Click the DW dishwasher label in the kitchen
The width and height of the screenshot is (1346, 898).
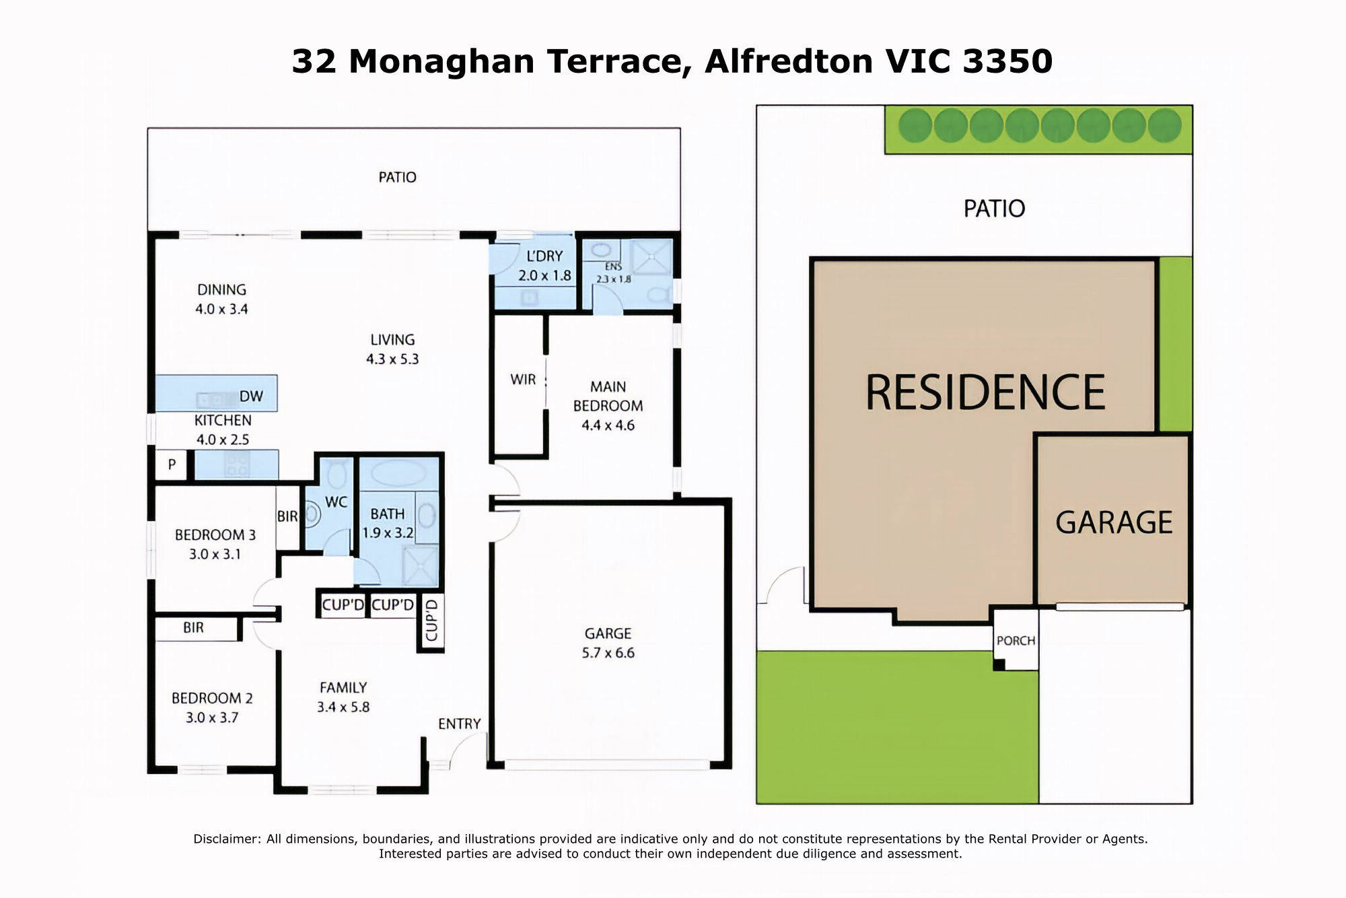click(251, 396)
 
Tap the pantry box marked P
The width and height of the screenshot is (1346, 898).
click(172, 464)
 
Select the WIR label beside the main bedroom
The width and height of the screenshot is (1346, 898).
click(523, 380)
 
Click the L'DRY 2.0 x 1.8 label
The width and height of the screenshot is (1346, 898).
click(544, 266)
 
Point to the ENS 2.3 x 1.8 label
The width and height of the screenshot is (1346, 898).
click(614, 273)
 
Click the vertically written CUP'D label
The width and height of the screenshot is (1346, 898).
click(431, 619)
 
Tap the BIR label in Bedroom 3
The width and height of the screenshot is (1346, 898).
click(287, 516)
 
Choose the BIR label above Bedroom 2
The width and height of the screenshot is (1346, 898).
click(193, 627)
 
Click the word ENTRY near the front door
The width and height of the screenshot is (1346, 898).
click(460, 724)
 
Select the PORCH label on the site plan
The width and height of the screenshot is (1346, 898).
click(1016, 641)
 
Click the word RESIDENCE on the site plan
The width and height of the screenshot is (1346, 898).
click(985, 392)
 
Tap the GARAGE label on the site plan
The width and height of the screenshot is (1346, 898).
click(1114, 522)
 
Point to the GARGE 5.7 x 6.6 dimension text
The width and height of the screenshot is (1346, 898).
click(608, 643)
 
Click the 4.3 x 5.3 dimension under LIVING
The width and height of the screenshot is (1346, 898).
click(392, 359)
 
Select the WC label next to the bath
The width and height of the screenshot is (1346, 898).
click(336, 502)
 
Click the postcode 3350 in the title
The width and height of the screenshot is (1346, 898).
click(1007, 61)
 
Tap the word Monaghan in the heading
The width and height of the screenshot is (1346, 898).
click(441, 63)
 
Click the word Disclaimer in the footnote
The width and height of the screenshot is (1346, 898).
click(227, 839)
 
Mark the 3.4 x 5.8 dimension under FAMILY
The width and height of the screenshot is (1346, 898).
click(343, 707)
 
